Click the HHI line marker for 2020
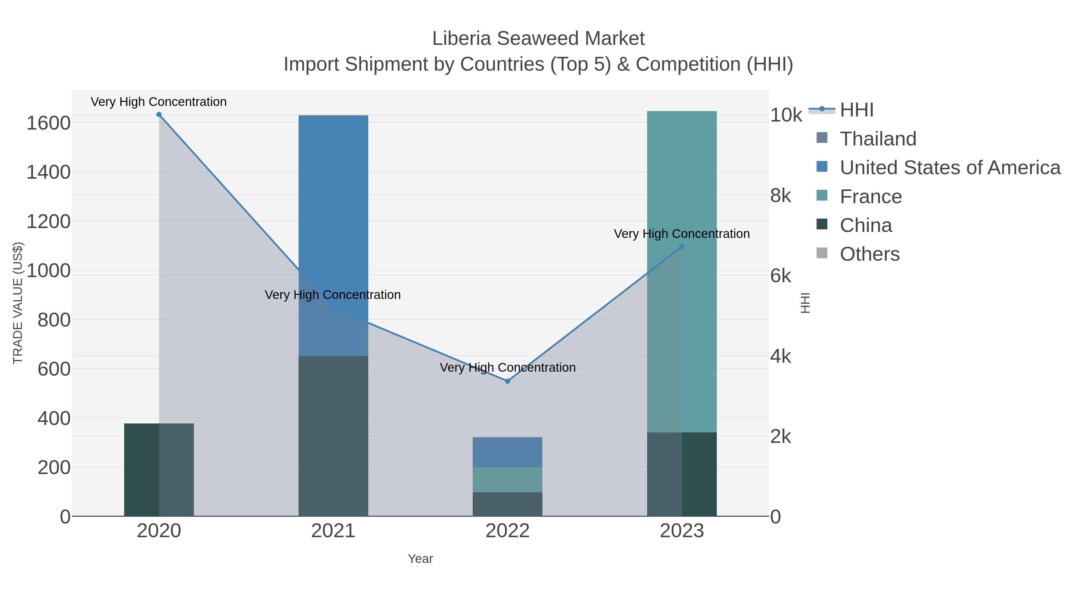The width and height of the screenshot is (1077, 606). [159, 115]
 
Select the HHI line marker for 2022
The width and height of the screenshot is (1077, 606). [508, 381]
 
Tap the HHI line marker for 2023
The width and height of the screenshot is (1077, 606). [682, 247]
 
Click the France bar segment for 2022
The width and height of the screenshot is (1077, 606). [508, 480]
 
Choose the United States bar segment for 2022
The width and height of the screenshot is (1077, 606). [508, 452]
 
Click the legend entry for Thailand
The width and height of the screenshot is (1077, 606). [878, 139]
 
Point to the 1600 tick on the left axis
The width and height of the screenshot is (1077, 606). [48, 123]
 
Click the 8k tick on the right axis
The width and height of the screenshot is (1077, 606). [781, 196]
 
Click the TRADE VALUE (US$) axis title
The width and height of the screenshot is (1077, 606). [18, 303]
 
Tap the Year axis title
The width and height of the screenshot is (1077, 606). [420, 559]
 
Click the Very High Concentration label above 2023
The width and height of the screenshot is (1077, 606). [682, 234]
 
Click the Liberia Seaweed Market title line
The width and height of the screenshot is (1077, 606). [538, 39]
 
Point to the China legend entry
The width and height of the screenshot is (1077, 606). [866, 225]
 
